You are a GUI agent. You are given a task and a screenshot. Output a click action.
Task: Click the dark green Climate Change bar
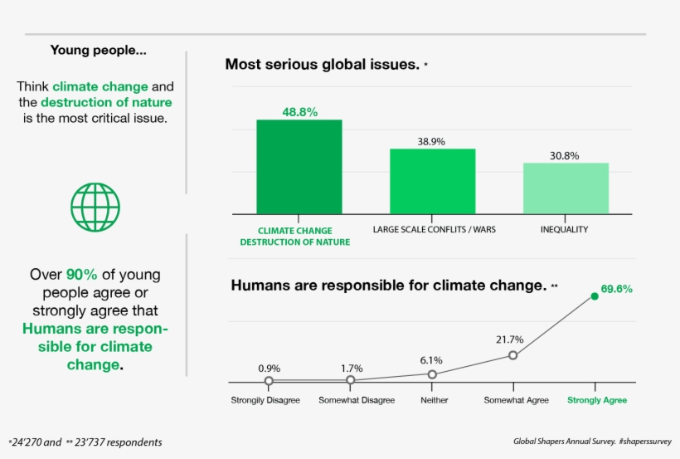click(299, 167)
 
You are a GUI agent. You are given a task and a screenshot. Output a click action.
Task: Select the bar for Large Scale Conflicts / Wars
click(432, 181)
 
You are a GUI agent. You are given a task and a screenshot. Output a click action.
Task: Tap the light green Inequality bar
click(566, 188)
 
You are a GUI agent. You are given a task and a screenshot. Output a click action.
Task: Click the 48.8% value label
click(299, 111)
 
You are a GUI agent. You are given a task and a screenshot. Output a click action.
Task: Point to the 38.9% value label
click(431, 141)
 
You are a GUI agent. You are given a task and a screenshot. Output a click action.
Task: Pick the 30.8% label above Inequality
click(564, 155)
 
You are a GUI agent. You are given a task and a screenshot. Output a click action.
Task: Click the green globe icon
click(95, 208)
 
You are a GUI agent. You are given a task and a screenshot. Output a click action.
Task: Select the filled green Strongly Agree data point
click(595, 295)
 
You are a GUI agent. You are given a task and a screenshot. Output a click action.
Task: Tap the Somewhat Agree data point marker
click(512, 355)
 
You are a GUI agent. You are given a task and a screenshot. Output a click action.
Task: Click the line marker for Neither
click(431, 374)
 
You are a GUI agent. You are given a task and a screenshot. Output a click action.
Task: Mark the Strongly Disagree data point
click(269, 381)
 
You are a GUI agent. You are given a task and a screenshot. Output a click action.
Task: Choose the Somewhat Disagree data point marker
click(351, 380)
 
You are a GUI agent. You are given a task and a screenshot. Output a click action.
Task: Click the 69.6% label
click(616, 289)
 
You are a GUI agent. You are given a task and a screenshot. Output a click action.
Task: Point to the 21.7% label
click(509, 339)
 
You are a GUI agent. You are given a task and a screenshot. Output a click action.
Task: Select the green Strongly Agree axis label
click(597, 400)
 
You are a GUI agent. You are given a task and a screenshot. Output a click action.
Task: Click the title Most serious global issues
click(322, 64)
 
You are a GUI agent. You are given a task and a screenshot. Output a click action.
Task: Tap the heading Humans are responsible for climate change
click(388, 286)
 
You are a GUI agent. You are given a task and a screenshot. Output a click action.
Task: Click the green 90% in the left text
click(82, 275)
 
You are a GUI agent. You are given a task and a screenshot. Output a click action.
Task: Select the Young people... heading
click(99, 50)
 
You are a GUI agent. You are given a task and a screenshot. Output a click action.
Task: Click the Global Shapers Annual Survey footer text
click(564, 442)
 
